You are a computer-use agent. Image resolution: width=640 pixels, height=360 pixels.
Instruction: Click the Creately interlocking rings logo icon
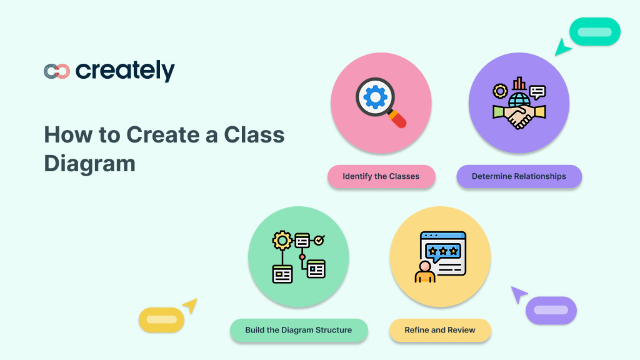56,71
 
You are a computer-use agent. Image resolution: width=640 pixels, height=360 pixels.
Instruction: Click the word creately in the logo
125,71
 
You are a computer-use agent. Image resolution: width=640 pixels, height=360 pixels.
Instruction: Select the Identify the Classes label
381,176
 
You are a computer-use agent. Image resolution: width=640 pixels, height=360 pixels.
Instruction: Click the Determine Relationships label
519,176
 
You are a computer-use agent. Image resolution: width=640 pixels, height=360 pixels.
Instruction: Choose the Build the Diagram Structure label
298,330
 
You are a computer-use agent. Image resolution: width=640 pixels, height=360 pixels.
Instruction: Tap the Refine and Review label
440,330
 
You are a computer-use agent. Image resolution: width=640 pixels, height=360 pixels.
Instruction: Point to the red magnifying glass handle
398,119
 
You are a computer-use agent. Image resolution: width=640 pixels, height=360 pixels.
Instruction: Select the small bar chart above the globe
519,84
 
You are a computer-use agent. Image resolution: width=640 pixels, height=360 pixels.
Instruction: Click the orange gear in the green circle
283,241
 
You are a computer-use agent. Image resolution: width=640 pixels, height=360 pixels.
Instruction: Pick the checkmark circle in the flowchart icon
319,240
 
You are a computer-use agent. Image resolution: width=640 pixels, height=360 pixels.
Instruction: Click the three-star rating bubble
442,251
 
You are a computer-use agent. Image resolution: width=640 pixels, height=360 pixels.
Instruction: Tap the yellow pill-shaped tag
161,320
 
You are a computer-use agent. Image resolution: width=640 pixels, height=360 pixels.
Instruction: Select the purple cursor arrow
519,294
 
